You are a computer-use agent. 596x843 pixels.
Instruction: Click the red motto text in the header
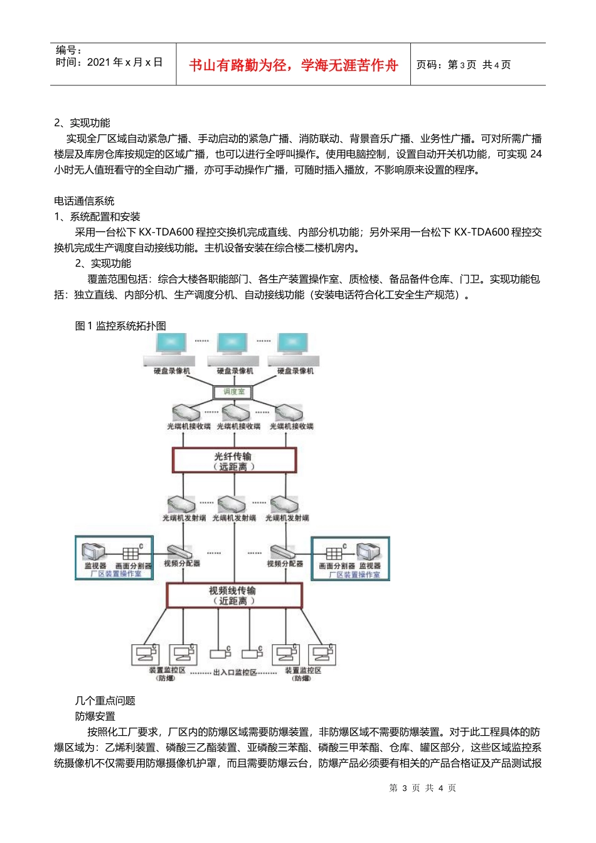point(293,65)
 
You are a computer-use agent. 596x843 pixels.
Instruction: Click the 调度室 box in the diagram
point(233,392)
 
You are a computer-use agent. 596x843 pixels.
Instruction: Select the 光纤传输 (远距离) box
point(234,460)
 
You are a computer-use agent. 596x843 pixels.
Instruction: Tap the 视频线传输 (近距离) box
point(234,595)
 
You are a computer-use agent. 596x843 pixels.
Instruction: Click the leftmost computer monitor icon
point(171,344)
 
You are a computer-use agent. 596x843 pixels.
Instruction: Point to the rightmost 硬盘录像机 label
point(295,371)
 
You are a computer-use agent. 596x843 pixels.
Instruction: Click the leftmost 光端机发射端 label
point(184,518)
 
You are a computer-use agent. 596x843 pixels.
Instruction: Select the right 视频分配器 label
point(285,563)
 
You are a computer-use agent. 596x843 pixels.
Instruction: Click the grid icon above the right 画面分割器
point(334,553)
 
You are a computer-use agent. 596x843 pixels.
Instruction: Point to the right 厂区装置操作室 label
point(354,575)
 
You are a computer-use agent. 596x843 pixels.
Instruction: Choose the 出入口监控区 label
point(235,672)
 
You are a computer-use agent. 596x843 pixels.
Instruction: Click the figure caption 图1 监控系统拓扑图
point(120,326)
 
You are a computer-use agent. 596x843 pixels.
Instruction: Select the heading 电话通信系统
point(84,201)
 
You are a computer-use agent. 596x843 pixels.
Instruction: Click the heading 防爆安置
point(95,716)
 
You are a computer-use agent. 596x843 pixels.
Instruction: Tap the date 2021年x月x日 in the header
point(124,62)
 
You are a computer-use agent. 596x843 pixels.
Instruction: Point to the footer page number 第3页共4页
point(423,788)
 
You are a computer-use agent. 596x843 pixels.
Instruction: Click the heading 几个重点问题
point(105,701)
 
